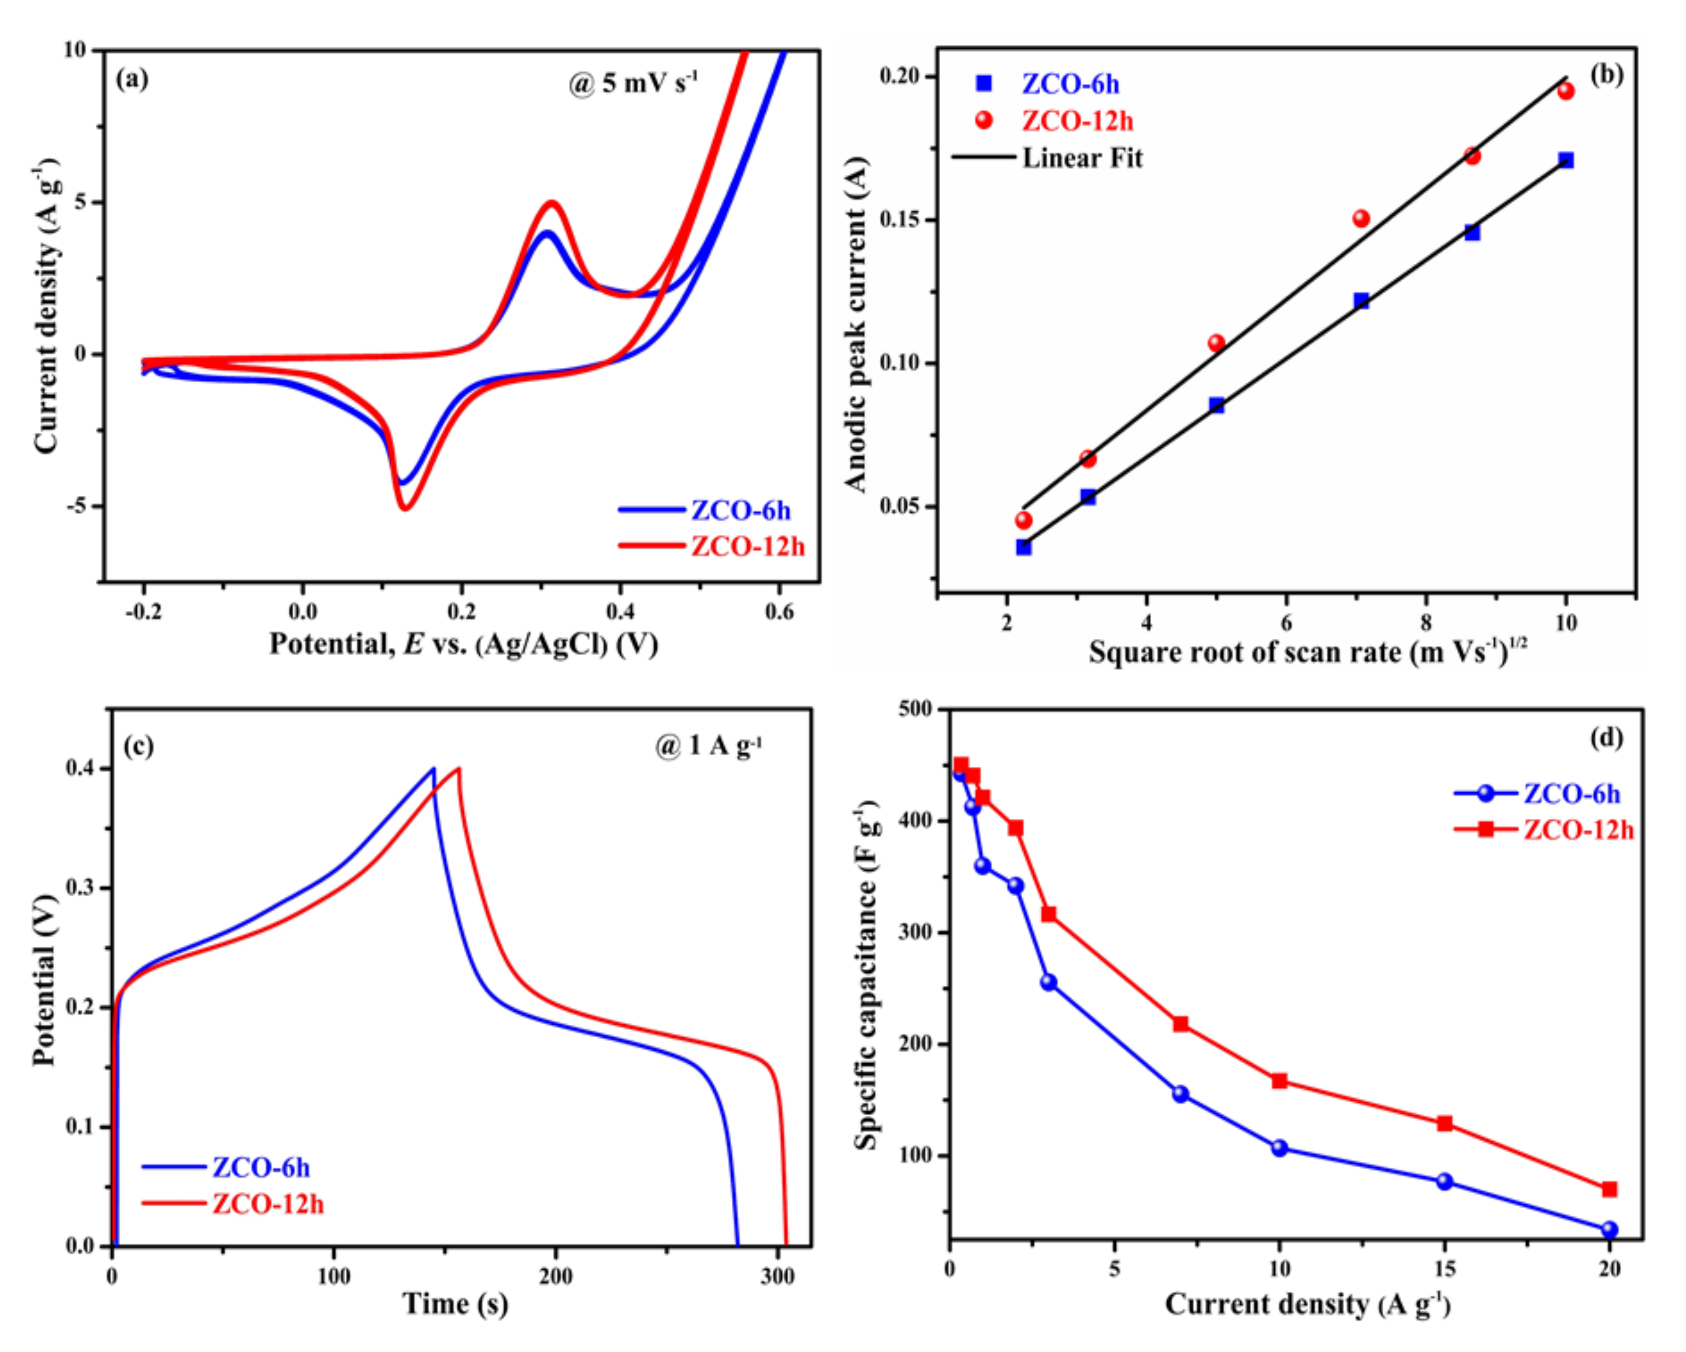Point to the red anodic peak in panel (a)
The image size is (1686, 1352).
552,203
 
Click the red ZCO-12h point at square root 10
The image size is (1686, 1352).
1565,91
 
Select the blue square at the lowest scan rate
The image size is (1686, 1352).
1023,547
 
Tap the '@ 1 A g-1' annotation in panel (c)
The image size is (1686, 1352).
708,746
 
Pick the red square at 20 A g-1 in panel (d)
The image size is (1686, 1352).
1609,1189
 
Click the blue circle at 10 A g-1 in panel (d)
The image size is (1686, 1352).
1279,1148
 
